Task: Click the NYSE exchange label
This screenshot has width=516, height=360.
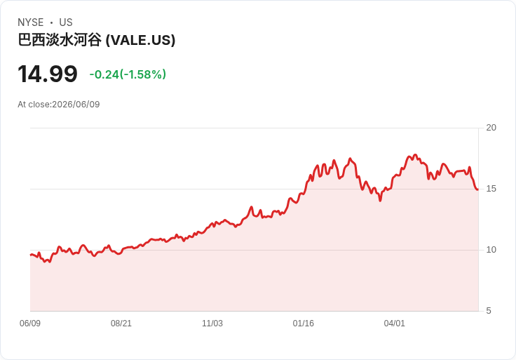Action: tap(31, 22)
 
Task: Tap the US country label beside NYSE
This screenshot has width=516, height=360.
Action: tap(66, 22)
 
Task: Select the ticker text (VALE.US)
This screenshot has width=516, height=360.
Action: tap(140, 40)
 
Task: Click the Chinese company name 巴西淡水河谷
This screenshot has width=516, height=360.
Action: tap(60, 40)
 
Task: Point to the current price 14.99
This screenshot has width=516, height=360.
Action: tap(48, 74)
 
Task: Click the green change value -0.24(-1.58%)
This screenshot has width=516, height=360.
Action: tap(128, 74)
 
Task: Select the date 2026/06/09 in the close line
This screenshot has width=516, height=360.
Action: tap(76, 105)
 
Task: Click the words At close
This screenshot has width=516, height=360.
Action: tap(34, 105)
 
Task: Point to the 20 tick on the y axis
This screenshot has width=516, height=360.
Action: tap(491, 128)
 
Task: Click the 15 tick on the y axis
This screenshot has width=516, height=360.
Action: tap(491, 189)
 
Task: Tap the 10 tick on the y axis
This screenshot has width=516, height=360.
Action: tap(491, 250)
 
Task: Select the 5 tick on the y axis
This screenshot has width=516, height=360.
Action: tap(489, 311)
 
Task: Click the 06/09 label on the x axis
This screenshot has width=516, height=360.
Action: tap(30, 323)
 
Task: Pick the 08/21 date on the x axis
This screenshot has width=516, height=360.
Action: tap(121, 323)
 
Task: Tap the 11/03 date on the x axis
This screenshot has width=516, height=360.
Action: tap(212, 323)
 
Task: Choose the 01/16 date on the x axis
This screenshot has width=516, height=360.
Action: tap(304, 323)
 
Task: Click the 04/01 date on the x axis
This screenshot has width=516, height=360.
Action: tap(394, 323)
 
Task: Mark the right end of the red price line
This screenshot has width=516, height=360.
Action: tap(478, 189)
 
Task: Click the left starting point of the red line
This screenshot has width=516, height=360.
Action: tap(31, 255)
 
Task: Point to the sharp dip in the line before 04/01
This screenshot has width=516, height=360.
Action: tap(380, 200)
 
